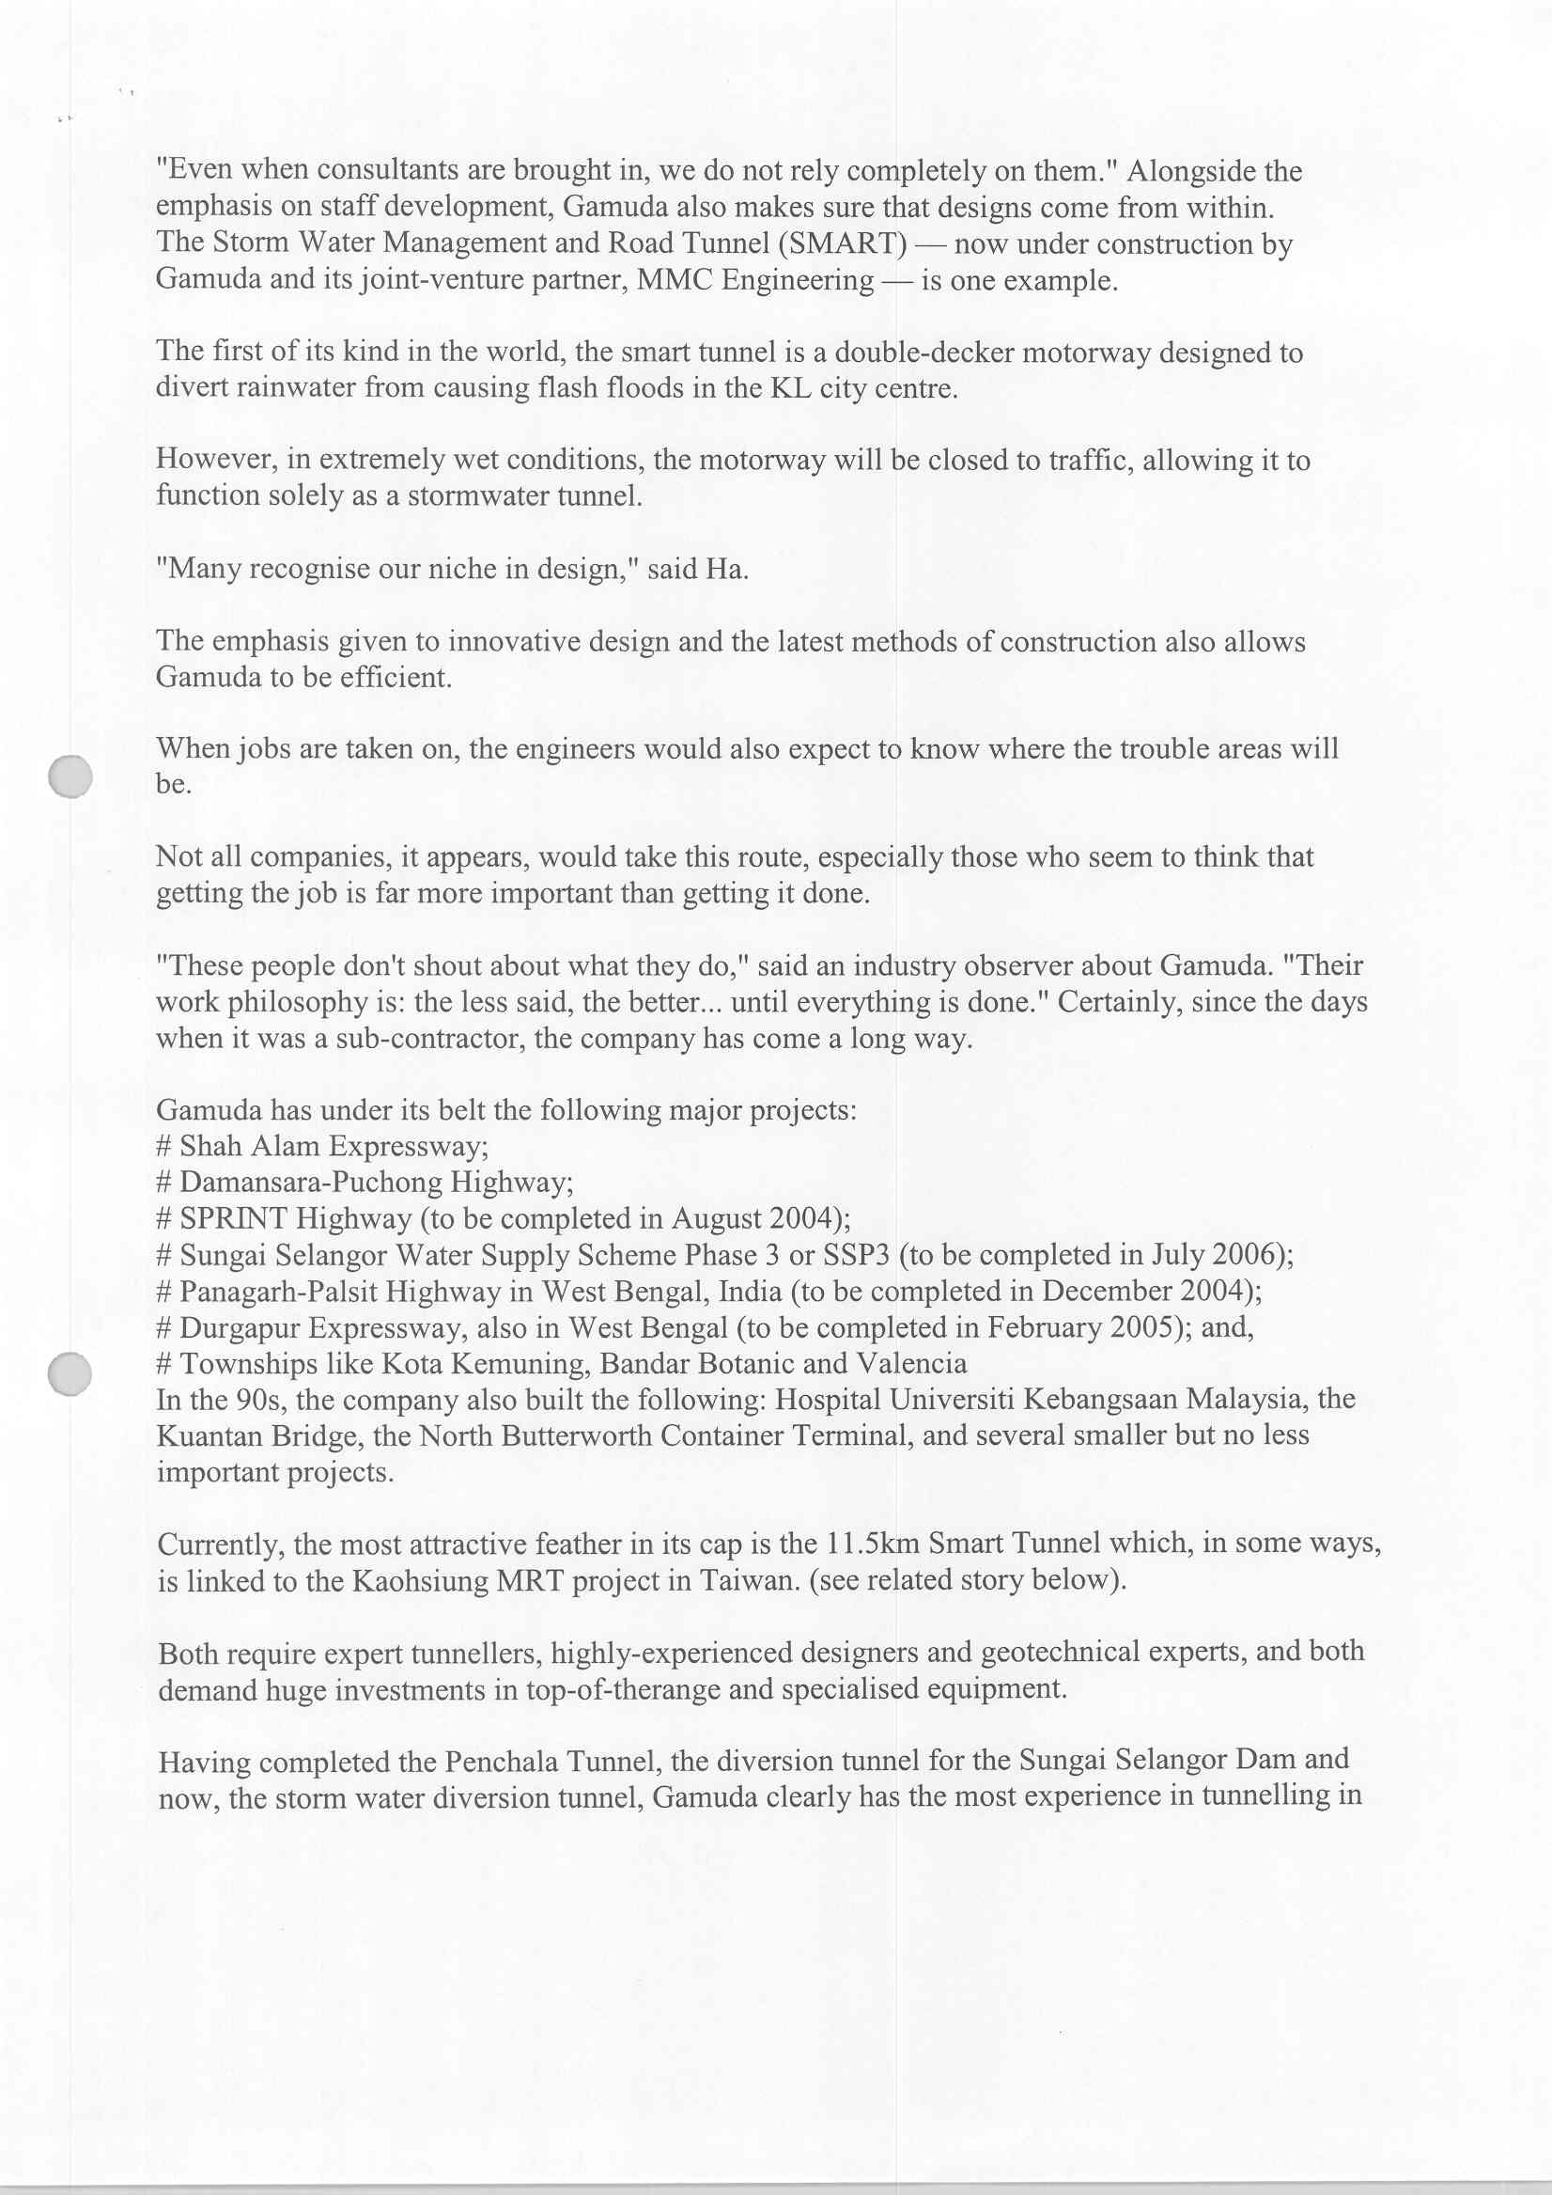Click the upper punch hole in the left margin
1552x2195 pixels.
tap(70, 776)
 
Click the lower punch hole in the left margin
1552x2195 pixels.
tap(70, 1373)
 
